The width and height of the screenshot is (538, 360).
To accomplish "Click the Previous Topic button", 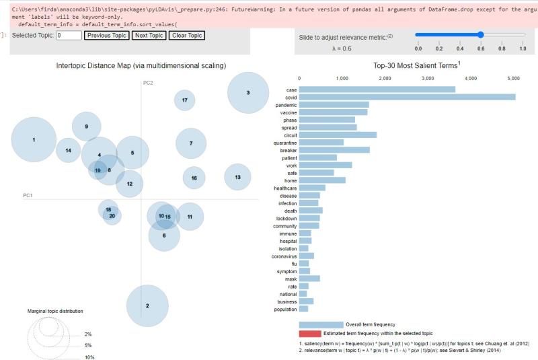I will [x=106, y=36].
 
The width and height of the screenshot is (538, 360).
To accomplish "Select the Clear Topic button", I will [x=187, y=36].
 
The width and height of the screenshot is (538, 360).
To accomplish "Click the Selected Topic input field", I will [x=69, y=36].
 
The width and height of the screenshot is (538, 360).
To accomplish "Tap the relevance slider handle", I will [x=480, y=34].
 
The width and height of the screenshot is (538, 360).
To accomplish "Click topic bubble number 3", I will [x=248, y=93].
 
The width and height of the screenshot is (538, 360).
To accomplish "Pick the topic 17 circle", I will [x=185, y=100].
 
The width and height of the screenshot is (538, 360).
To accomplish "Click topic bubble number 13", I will [x=237, y=177].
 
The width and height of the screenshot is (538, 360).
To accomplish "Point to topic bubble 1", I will [x=34, y=140].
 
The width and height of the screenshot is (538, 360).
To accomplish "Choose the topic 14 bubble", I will [x=68, y=151].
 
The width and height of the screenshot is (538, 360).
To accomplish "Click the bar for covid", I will [x=407, y=97].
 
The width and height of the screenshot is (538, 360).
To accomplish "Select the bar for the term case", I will [x=377, y=89].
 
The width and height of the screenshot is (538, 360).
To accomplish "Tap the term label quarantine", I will [x=285, y=142].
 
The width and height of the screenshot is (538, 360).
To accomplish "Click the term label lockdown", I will [x=286, y=218].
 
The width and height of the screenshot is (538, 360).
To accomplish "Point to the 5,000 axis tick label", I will [x=513, y=79].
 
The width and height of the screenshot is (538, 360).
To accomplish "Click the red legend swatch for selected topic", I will [x=321, y=333].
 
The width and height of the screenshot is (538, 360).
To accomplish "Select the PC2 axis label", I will [x=148, y=83].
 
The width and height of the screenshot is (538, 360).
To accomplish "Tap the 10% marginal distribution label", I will [x=89, y=357].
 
